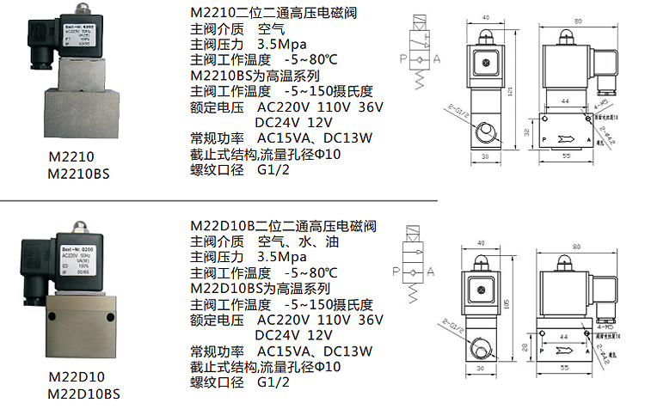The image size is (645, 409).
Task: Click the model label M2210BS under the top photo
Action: [x=81, y=174]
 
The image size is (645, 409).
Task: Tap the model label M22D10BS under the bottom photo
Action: [x=84, y=394]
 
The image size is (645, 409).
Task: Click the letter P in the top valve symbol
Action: [x=402, y=58]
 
